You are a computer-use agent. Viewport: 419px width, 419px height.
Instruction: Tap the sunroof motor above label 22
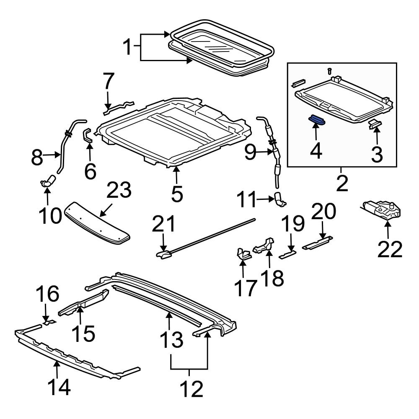click(x=382, y=210)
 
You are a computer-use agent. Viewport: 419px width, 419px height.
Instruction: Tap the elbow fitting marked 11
click(x=280, y=199)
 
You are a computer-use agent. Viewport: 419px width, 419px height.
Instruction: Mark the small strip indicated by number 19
click(x=287, y=254)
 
